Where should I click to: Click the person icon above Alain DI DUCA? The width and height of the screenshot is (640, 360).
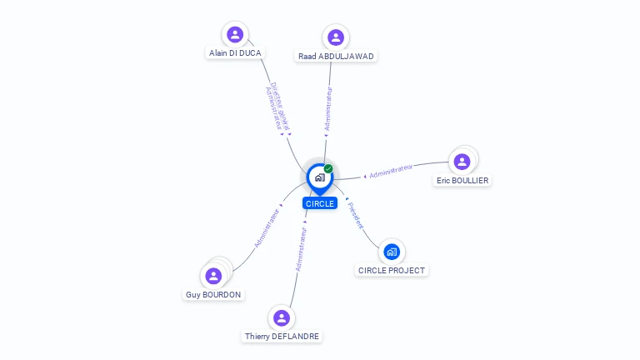pos(235,34)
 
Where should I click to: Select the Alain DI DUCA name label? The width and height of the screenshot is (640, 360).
pos(234,52)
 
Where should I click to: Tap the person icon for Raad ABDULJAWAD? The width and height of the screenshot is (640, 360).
pos(336,37)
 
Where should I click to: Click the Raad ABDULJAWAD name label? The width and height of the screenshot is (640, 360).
pos(336,56)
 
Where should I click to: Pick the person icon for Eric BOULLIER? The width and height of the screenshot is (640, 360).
pos(462,161)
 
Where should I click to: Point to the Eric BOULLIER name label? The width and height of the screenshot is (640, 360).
pos(462,180)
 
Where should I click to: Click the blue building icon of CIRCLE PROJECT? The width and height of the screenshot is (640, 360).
pos(392,252)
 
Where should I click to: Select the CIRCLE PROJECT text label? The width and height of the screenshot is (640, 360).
pos(392,270)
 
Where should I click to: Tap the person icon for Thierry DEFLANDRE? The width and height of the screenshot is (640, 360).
pos(282,317)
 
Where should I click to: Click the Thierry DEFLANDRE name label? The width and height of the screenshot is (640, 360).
pos(282,336)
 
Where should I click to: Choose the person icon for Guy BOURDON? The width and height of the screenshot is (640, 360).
pos(214,276)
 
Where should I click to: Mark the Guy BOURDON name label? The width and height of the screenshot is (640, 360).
pos(213,294)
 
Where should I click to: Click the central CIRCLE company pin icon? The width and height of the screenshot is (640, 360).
pos(319,177)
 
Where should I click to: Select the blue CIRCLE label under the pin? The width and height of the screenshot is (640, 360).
pos(320,203)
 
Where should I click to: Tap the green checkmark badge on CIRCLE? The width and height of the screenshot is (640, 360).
pos(328,168)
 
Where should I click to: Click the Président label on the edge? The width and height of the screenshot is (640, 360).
pos(356,215)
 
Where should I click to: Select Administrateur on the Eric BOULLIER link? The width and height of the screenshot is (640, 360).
pos(391,171)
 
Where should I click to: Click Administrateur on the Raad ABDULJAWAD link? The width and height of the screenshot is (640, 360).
pos(328,107)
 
